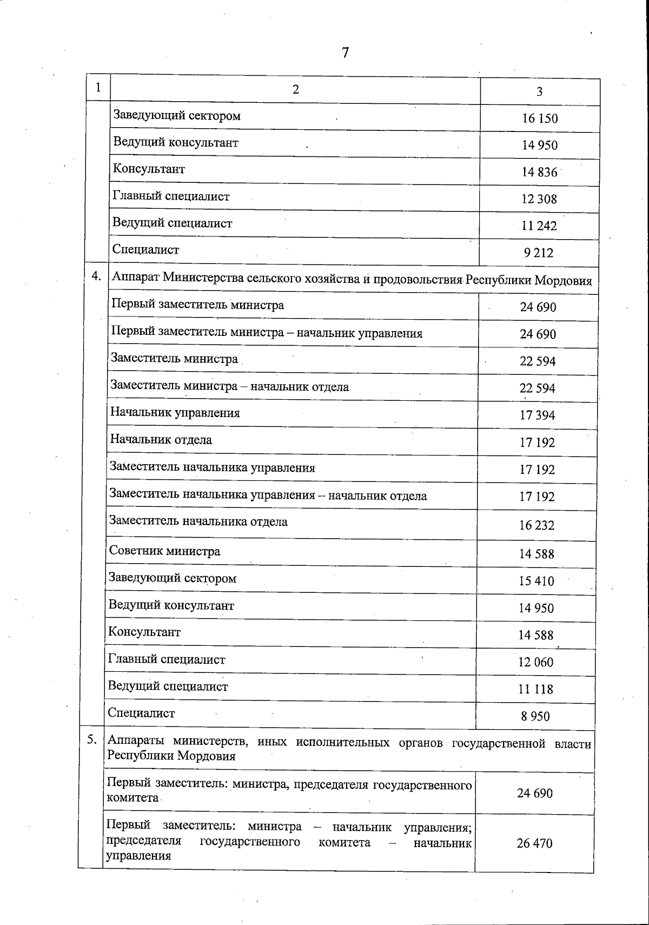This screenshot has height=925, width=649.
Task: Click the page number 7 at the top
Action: click(x=345, y=53)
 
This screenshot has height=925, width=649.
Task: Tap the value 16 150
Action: click(x=540, y=118)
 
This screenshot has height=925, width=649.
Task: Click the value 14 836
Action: click(x=539, y=172)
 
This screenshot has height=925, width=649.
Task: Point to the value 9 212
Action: click(x=538, y=253)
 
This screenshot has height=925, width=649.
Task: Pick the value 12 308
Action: click(x=539, y=199)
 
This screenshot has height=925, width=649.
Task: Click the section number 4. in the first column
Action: click(x=96, y=276)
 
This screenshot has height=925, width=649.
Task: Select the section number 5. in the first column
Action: click(x=92, y=740)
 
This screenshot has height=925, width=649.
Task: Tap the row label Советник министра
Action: click(x=164, y=551)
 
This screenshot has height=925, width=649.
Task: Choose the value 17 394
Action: click(x=537, y=415)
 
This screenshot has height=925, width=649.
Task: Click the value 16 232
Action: click(x=537, y=525)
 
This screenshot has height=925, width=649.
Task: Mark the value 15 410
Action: click(x=537, y=581)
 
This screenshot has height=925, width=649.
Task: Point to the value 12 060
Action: click(x=535, y=662)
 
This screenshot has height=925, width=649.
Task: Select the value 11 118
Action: click(x=535, y=689)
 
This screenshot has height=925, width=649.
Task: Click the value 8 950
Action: click(x=535, y=716)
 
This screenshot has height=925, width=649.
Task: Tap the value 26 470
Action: click(x=534, y=843)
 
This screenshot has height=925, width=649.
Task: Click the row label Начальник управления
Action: click(x=175, y=413)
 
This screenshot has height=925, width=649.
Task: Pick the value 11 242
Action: click(x=539, y=226)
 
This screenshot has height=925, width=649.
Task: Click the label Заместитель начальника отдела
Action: click(x=198, y=521)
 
